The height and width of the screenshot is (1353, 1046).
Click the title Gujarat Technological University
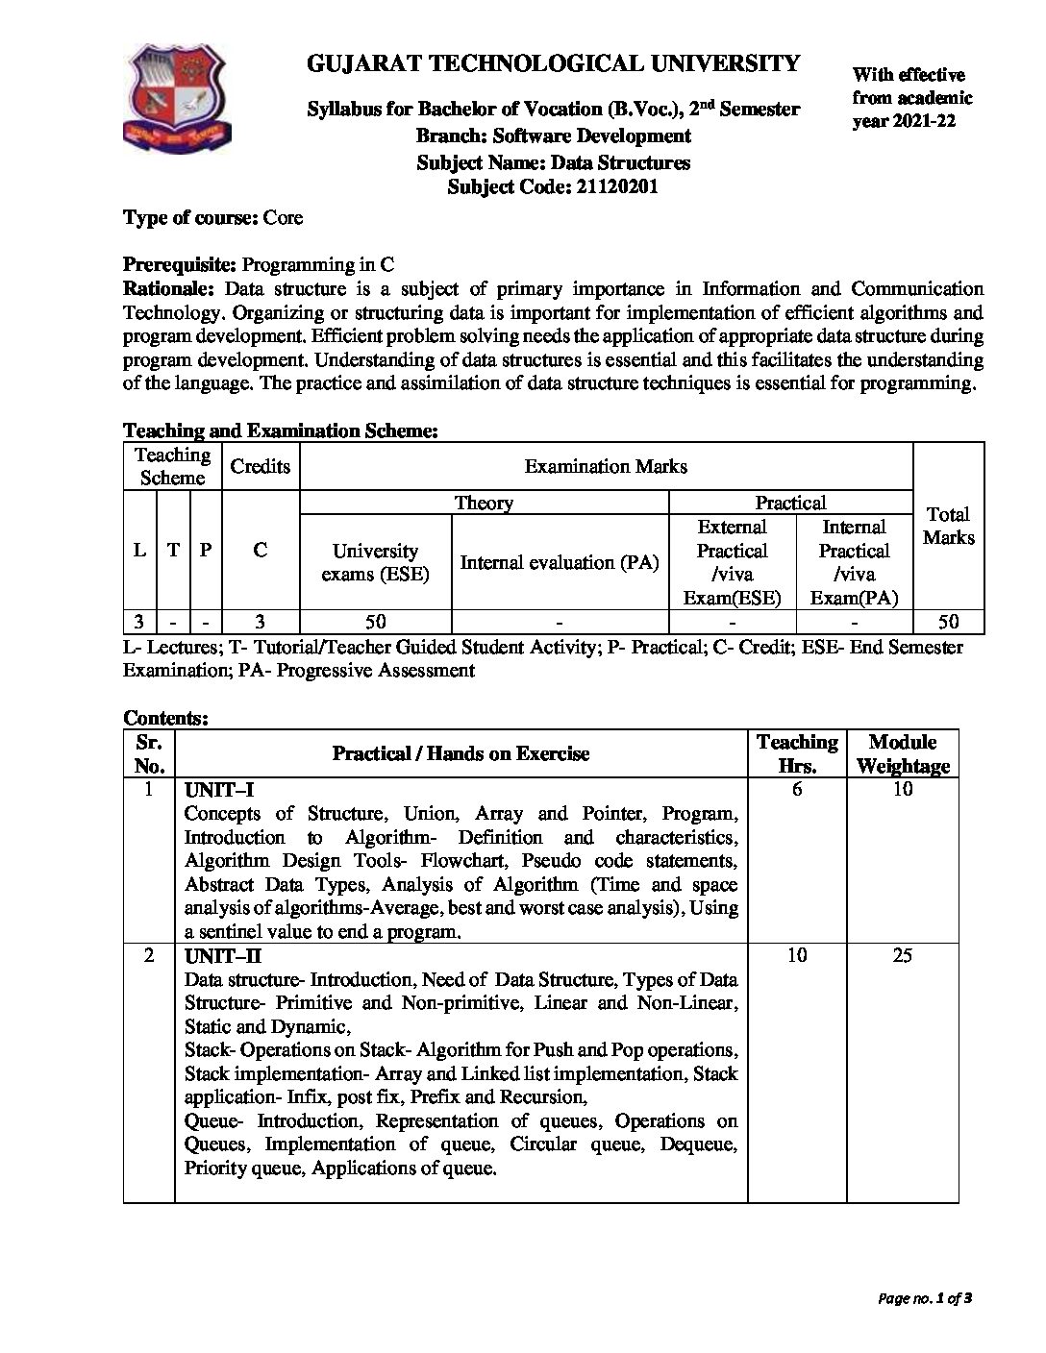[553, 63]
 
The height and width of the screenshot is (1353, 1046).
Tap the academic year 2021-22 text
[904, 121]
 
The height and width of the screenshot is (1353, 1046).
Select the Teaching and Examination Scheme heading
[281, 431]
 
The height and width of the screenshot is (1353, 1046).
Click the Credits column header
[261, 466]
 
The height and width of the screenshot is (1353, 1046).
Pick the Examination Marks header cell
[606, 466]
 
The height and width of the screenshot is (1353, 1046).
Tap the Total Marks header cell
[948, 526]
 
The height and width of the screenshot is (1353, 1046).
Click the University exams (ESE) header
[375, 562]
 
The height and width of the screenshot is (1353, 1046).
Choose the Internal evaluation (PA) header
[560, 562]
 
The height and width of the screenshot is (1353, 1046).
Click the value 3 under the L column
[139, 621]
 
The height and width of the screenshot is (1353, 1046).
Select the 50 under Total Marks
[948, 621]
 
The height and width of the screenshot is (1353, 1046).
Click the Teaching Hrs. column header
[797, 753]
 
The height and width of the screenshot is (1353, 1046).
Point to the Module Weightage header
[902, 753]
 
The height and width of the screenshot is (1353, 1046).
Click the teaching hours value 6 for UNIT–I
[797, 790]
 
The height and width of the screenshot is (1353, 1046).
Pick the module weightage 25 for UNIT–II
[902, 956]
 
